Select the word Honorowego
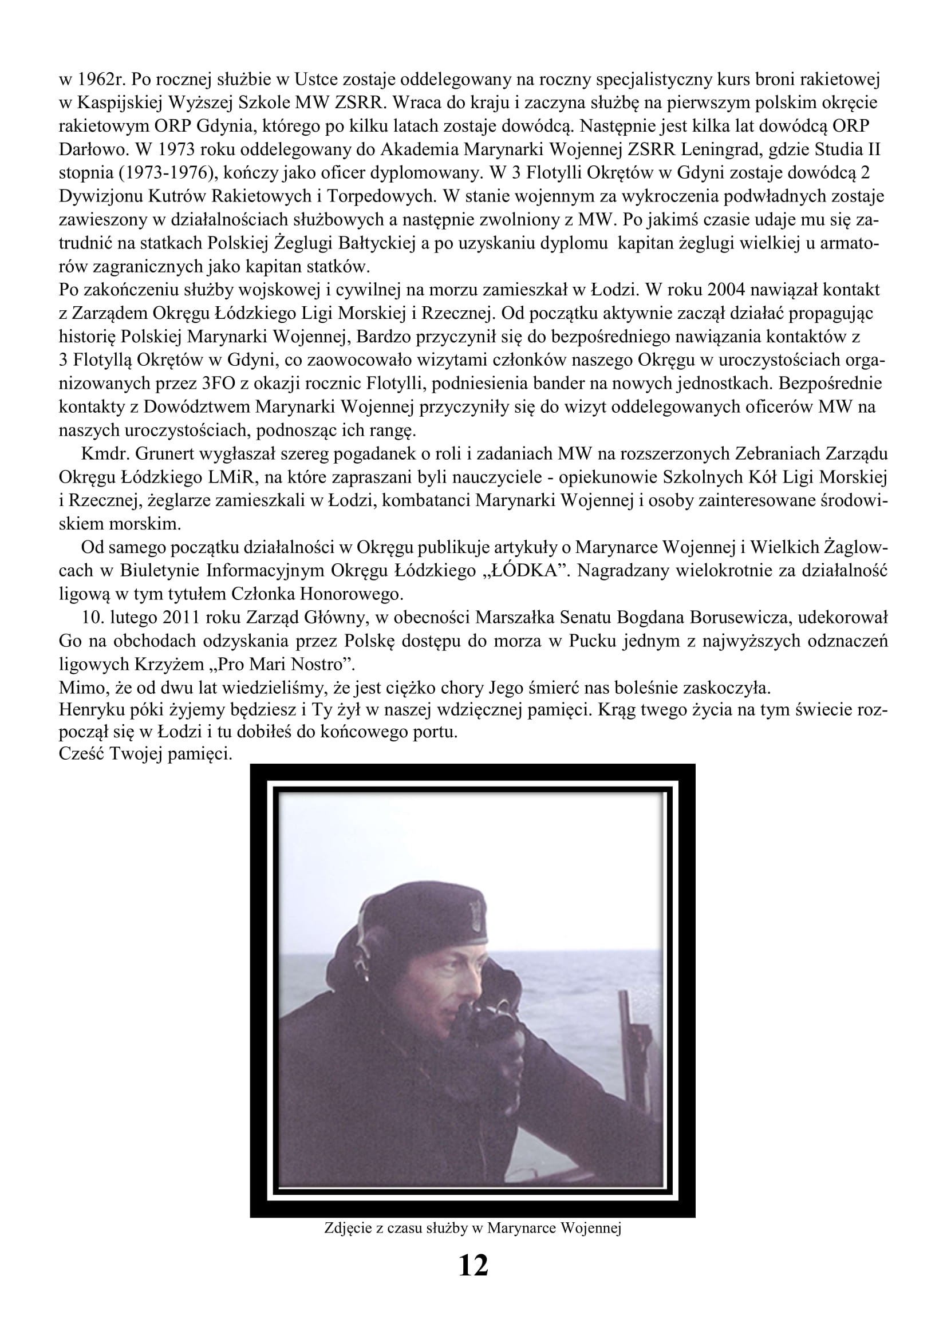pyautogui.click(x=353, y=594)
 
